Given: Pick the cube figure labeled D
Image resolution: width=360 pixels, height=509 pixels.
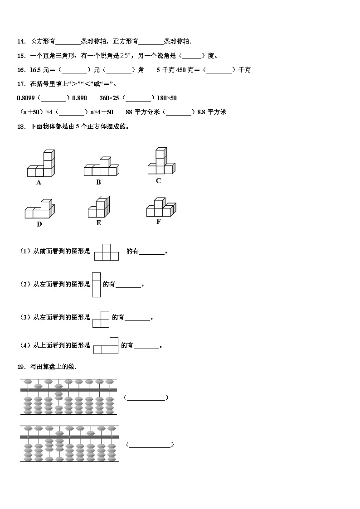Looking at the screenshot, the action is pos(39,209).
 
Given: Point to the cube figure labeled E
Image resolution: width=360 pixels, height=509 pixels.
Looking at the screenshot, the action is pos(99,207).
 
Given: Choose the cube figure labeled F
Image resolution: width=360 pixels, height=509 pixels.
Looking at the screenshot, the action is pos(161,208).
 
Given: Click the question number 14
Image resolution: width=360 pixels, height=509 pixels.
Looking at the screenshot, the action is pos(21,42).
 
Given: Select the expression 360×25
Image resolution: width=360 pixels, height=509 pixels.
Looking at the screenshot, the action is pos(109,98).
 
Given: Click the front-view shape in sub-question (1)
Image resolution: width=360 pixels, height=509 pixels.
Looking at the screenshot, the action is pos(106,252).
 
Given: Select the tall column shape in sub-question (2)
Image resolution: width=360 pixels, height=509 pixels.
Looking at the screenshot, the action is pos(96,285).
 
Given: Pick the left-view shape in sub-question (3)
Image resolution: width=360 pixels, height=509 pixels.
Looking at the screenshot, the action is pos(101,319).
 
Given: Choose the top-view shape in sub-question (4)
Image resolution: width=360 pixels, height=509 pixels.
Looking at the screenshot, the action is pos(106,346).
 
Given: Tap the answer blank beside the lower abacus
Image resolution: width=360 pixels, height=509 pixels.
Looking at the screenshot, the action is pos(150,445).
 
